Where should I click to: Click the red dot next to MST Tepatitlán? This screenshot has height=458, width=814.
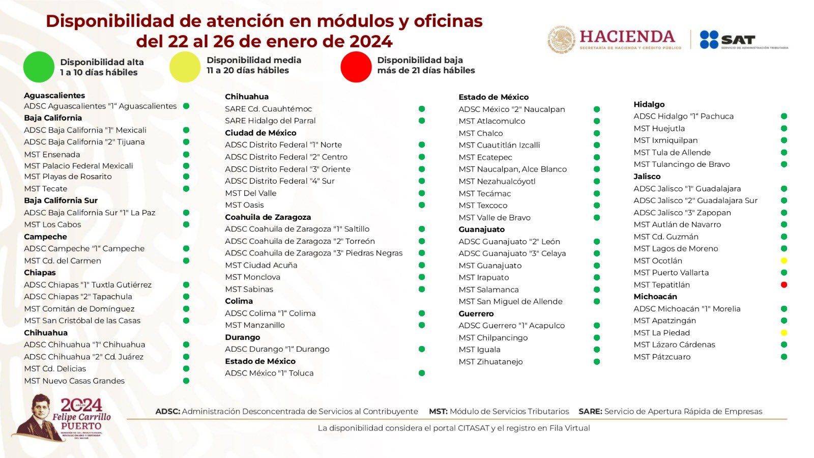784,285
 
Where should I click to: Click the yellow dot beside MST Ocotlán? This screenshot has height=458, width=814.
784,261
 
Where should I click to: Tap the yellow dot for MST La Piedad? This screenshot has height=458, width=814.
784,333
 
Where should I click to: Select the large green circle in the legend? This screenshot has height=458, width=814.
39,67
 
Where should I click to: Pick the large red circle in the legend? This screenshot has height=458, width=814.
356,67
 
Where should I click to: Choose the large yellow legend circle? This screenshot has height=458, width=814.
185,67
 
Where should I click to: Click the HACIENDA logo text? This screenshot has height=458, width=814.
627,37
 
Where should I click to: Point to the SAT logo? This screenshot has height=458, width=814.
728,40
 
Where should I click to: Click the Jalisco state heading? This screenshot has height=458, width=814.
647,177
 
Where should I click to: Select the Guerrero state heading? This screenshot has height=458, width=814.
476,314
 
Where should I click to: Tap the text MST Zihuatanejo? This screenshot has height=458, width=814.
490,362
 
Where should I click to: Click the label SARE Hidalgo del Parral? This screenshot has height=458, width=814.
270,121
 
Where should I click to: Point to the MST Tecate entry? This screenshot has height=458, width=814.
45,189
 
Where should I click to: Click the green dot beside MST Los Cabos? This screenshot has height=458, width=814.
186,224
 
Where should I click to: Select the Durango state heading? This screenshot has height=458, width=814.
242,337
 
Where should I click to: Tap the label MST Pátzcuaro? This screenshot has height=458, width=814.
662,357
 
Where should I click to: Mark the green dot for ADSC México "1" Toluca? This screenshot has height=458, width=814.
422,373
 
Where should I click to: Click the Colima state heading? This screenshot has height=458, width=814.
239,301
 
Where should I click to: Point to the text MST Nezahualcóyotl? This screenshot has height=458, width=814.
497,182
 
